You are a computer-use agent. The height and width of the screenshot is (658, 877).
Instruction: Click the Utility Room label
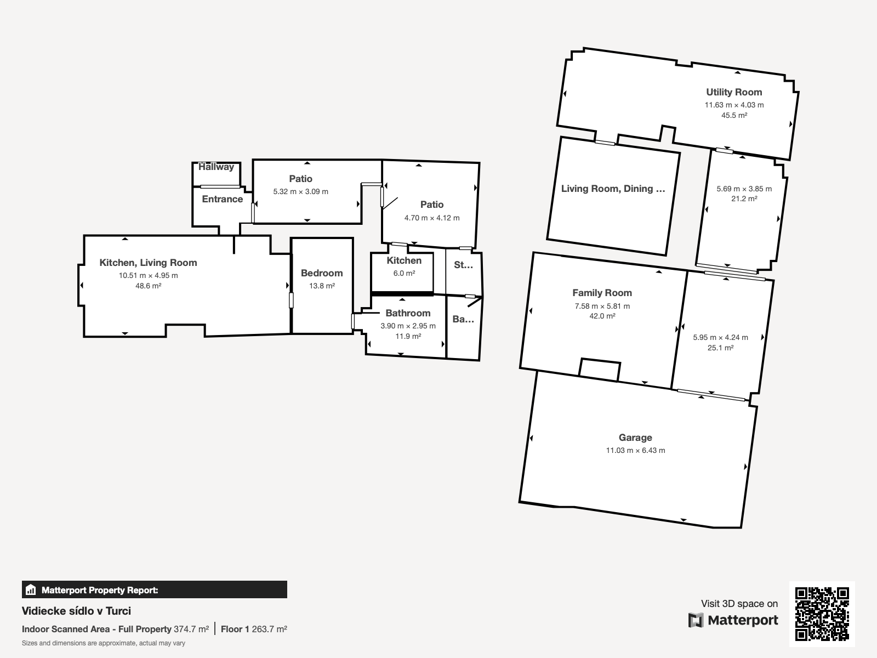pos(734,92)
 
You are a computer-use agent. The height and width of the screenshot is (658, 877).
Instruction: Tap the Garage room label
pos(635,438)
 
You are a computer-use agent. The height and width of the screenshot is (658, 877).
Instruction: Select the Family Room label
pos(602,293)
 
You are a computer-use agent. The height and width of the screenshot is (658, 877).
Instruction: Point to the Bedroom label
pos(322,273)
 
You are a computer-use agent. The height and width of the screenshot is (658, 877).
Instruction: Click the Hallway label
pos(216,167)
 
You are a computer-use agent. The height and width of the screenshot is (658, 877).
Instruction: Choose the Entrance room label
pos(222,199)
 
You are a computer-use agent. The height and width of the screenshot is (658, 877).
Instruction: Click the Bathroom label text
pos(408,313)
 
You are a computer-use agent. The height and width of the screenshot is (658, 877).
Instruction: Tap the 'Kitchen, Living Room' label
pos(148,263)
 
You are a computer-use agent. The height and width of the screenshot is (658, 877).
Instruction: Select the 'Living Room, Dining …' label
pos(613,189)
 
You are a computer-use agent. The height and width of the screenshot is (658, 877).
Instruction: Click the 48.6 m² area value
pos(148,286)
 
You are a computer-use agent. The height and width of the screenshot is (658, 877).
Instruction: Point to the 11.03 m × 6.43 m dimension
pos(635,450)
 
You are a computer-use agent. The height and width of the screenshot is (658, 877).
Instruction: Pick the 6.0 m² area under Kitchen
pos(404,273)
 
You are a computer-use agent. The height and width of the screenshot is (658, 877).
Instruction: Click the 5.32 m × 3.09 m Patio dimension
pos(300,191)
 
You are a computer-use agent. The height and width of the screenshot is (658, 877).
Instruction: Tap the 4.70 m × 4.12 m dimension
pos(432,218)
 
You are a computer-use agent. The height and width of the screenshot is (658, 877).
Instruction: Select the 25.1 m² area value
pos(720,348)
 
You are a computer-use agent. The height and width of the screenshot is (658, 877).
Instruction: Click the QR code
pos(822,614)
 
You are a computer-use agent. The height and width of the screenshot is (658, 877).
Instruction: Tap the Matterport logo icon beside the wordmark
pos(696,620)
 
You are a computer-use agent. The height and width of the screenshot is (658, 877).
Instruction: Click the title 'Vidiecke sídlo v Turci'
pos(76,611)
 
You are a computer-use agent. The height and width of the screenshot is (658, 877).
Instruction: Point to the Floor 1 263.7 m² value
pos(254,629)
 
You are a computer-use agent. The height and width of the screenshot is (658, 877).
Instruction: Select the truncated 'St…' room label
pos(464,265)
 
